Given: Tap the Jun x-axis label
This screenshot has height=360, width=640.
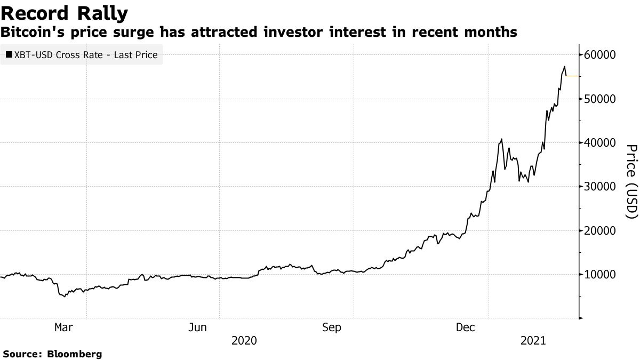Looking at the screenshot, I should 198,327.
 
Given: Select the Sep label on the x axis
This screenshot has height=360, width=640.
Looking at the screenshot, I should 332,327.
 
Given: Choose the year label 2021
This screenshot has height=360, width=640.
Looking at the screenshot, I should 533,340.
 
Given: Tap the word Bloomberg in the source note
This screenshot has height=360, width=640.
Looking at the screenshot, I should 75,354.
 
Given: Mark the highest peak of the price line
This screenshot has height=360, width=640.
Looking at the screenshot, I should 564,67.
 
